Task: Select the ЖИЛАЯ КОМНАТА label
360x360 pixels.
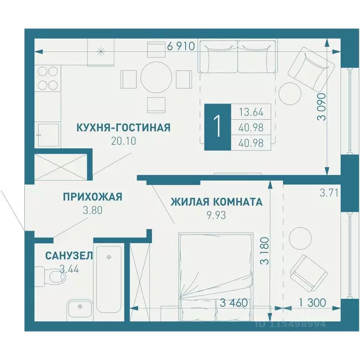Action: coord(216,202)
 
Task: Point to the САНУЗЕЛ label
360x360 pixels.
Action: coord(69,255)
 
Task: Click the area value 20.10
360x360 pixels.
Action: coord(123,141)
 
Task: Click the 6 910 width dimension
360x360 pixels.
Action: coord(180,46)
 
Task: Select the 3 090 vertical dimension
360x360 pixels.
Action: coord(321,108)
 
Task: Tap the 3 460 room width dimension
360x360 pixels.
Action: coord(233,303)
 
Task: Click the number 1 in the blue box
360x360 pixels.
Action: coord(217,127)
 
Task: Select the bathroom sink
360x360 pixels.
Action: coord(80,307)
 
